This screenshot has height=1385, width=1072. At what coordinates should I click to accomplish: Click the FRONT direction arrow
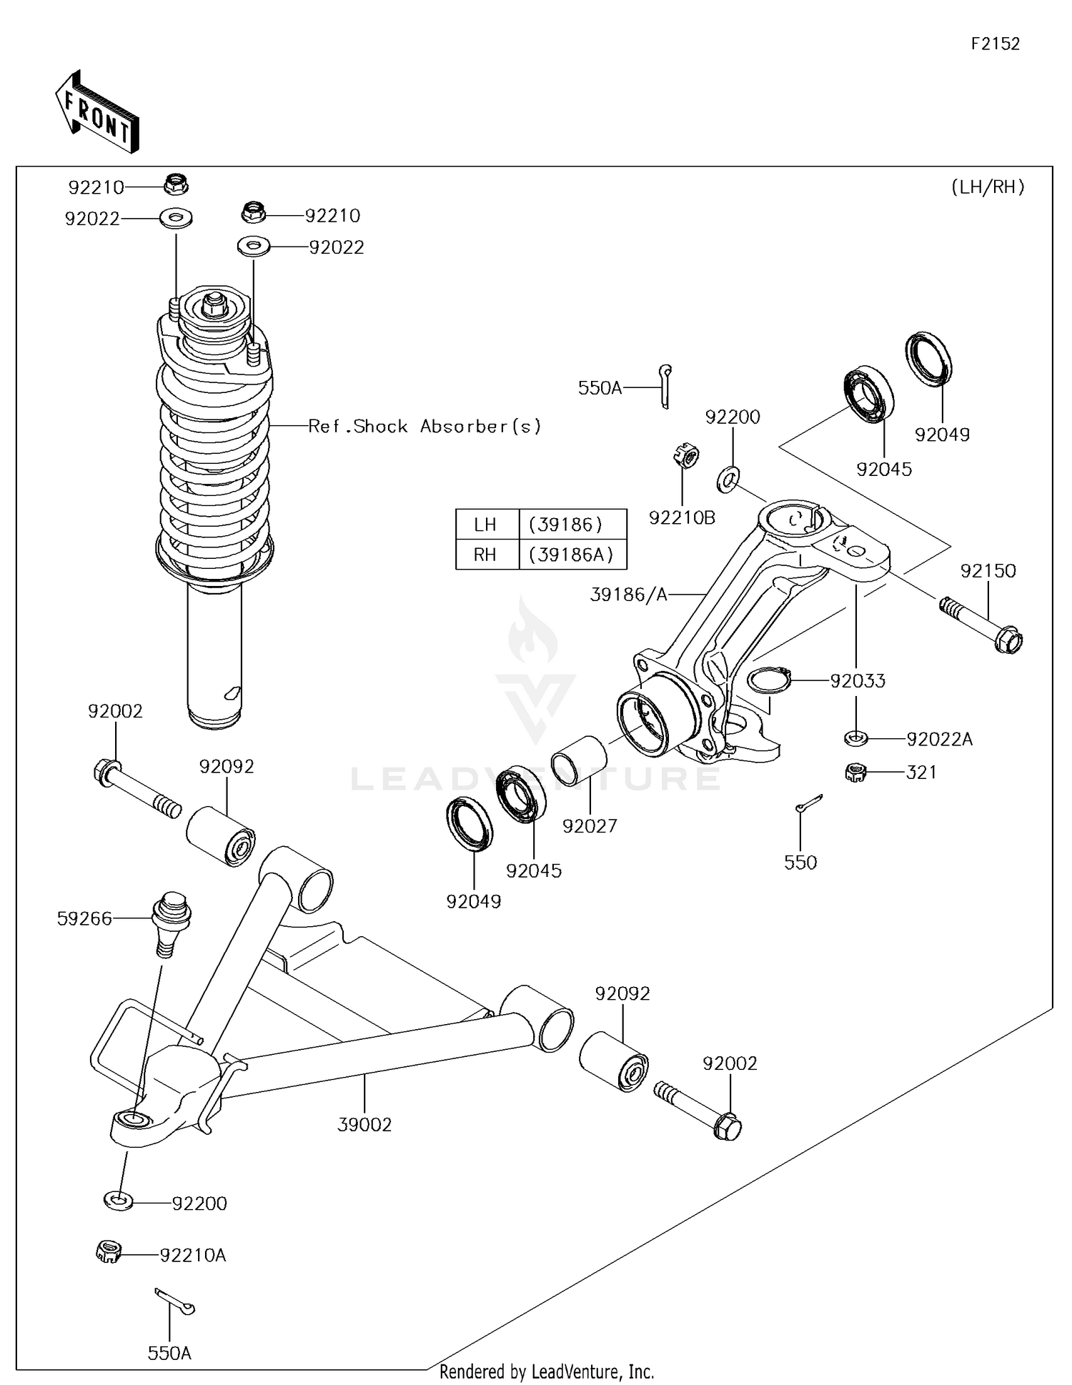pyautogui.click(x=97, y=112)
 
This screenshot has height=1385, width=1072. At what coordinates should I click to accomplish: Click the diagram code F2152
pyautogui.click(x=995, y=44)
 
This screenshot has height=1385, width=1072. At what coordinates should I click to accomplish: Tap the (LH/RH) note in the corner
pyautogui.click(x=988, y=187)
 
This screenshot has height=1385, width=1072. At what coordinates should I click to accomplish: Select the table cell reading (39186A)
pyautogui.click(x=572, y=555)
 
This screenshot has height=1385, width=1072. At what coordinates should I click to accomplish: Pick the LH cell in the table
pyautogui.click(x=485, y=525)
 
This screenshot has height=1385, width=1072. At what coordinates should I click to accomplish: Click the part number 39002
pyautogui.click(x=364, y=1124)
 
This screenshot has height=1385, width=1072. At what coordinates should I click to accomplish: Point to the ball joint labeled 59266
pyautogui.click(x=170, y=922)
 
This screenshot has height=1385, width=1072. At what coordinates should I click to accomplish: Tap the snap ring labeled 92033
pyautogui.click(x=768, y=680)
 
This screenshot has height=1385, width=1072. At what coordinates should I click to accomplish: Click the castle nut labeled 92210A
pyautogui.click(x=109, y=1252)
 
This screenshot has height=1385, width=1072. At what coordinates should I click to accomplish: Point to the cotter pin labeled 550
pyautogui.click(x=808, y=803)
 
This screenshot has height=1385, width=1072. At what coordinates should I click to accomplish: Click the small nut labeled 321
pyautogui.click(x=855, y=772)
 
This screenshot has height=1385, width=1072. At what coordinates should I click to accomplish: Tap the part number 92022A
pyautogui.click(x=939, y=739)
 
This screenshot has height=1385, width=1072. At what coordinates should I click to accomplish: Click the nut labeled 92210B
pyautogui.click(x=686, y=456)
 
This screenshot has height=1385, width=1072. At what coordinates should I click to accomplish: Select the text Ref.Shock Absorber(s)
pyautogui.click(x=425, y=427)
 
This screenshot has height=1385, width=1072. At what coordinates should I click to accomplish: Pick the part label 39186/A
pyautogui.click(x=628, y=594)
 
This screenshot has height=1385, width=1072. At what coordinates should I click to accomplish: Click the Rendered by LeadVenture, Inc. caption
pyautogui.click(x=546, y=1371)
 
